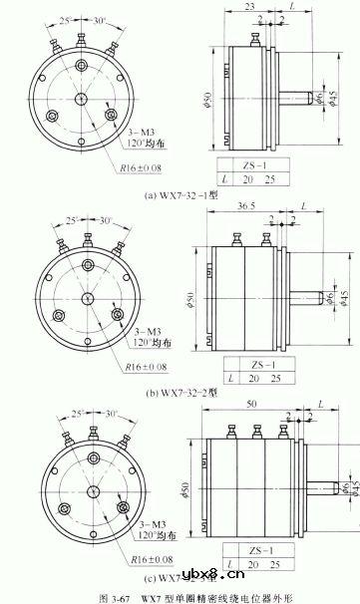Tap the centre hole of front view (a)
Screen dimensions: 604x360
(x=81, y=98)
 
